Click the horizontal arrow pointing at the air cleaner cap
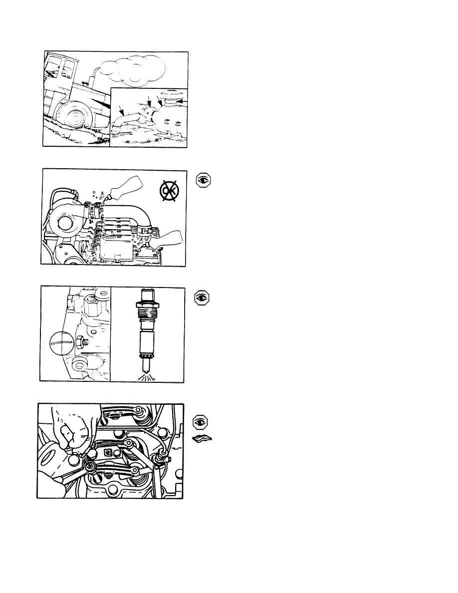[x=182, y=101]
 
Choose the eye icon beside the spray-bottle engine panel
[x=203, y=180]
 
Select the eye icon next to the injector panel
[x=202, y=297]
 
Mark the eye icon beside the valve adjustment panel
[x=201, y=421]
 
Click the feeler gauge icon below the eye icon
[x=202, y=439]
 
